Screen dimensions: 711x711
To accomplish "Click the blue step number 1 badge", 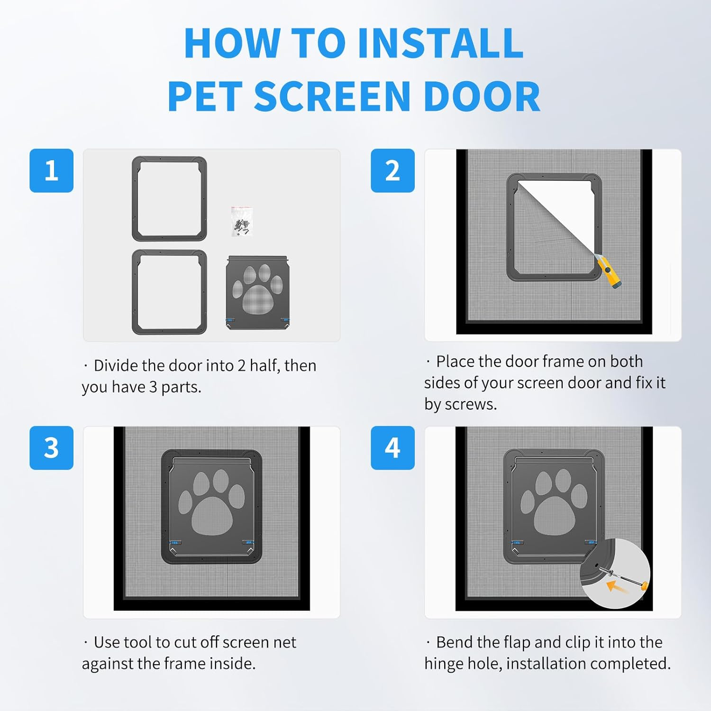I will pos(51,171).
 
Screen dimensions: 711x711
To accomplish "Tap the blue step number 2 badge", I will pos(392,171).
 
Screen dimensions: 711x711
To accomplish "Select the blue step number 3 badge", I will pos(51,448).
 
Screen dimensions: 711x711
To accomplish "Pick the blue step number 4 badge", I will pos(392,448).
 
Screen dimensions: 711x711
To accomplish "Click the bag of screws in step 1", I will pos(242,221).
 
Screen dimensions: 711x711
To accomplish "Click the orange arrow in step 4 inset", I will pos(616,587).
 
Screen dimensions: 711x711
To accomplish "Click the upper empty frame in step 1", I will pos(169,199).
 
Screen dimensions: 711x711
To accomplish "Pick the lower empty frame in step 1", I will pos(169,292).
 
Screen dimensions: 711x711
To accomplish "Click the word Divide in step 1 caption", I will pos(115,365).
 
